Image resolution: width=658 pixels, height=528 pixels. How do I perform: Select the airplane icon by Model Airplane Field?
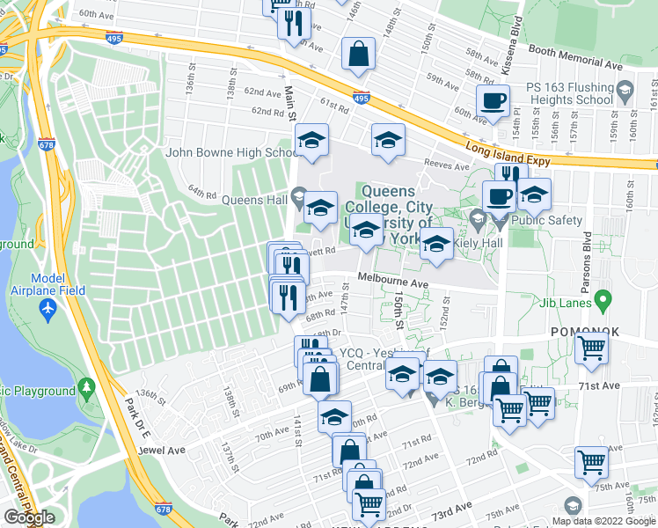coord(48,310)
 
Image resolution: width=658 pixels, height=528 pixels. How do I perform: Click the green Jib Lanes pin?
coord(603,302)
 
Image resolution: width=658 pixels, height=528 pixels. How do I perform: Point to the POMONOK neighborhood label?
coord(585,332)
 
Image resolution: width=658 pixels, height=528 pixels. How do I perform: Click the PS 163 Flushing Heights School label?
coord(569,93)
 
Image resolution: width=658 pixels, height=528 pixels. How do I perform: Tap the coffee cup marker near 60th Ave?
coord(493,101)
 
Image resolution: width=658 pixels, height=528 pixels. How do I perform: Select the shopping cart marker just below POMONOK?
coord(592,348)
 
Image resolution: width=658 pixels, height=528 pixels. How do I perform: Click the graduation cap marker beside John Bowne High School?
coord(311,141)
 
